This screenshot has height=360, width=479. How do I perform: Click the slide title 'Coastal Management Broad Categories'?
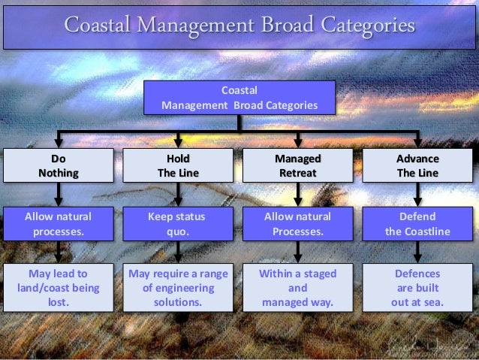(x=239, y=25)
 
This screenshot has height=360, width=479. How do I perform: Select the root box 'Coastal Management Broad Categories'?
(x=239, y=98)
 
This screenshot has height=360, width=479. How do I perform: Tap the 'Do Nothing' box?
(x=58, y=165)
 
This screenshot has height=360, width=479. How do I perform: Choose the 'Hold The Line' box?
(x=178, y=165)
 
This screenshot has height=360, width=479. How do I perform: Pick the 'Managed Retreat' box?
(x=298, y=165)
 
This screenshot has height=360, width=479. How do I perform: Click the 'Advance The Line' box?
(x=417, y=165)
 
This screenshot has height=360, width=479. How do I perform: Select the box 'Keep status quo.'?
(x=178, y=223)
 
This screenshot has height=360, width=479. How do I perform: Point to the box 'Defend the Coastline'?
(x=417, y=223)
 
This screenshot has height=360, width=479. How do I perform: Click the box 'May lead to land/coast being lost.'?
(x=58, y=288)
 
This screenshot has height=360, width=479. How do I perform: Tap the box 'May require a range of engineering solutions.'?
(x=178, y=288)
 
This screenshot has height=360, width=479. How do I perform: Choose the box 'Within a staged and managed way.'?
(x=298, y=288)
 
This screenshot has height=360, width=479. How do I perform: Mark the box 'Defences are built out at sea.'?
(x=417, y=288)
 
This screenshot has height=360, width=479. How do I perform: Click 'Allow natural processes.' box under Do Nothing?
(x=58, y=223)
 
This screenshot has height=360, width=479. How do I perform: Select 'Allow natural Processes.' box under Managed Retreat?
(x=298, y=223)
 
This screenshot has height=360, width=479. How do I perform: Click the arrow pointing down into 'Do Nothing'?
(x=58, y=141)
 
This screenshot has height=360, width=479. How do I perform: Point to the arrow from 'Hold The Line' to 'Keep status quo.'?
(x=178, y=195)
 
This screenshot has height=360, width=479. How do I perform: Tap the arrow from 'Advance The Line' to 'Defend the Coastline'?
(x=417, y=195)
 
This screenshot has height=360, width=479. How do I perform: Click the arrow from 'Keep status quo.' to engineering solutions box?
(x=178, y=252)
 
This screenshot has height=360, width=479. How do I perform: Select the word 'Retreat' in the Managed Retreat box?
(x=298, y=173)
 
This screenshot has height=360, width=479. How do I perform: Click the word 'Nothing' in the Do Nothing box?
(x=58, y=173)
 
